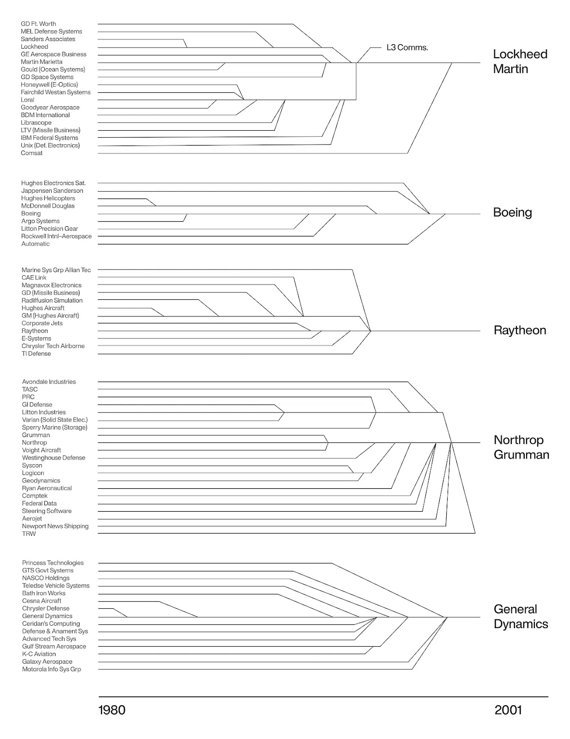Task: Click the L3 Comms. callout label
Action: [x=407, y=48]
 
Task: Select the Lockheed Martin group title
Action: [x=520, y=61]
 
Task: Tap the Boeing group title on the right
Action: [x=512, y=212]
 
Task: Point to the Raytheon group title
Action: [x=520, y=330]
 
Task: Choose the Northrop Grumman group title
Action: [x=521, y=447]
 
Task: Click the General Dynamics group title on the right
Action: [x=521, y=617]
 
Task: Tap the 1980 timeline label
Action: [x=112, y=710]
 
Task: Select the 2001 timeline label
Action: [x=508, y=710]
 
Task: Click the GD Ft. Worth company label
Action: [x=38, y=24]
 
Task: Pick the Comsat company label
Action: [x=31, y=153]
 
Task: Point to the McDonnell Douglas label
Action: [x=48, y=206]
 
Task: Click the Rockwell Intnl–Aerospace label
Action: [x=56, y=236]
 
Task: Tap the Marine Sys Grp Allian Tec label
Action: [x=56, y=270]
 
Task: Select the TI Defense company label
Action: [x=36, y=354]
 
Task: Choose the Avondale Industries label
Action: [x=49, y=382]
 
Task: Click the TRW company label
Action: [x=29, y=534]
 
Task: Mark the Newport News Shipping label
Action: [x=55, y=526]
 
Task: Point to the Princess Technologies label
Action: [x=53, y=563]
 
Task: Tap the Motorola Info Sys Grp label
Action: [x=51, y=669]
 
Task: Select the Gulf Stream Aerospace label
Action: [x=54, y=647]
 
